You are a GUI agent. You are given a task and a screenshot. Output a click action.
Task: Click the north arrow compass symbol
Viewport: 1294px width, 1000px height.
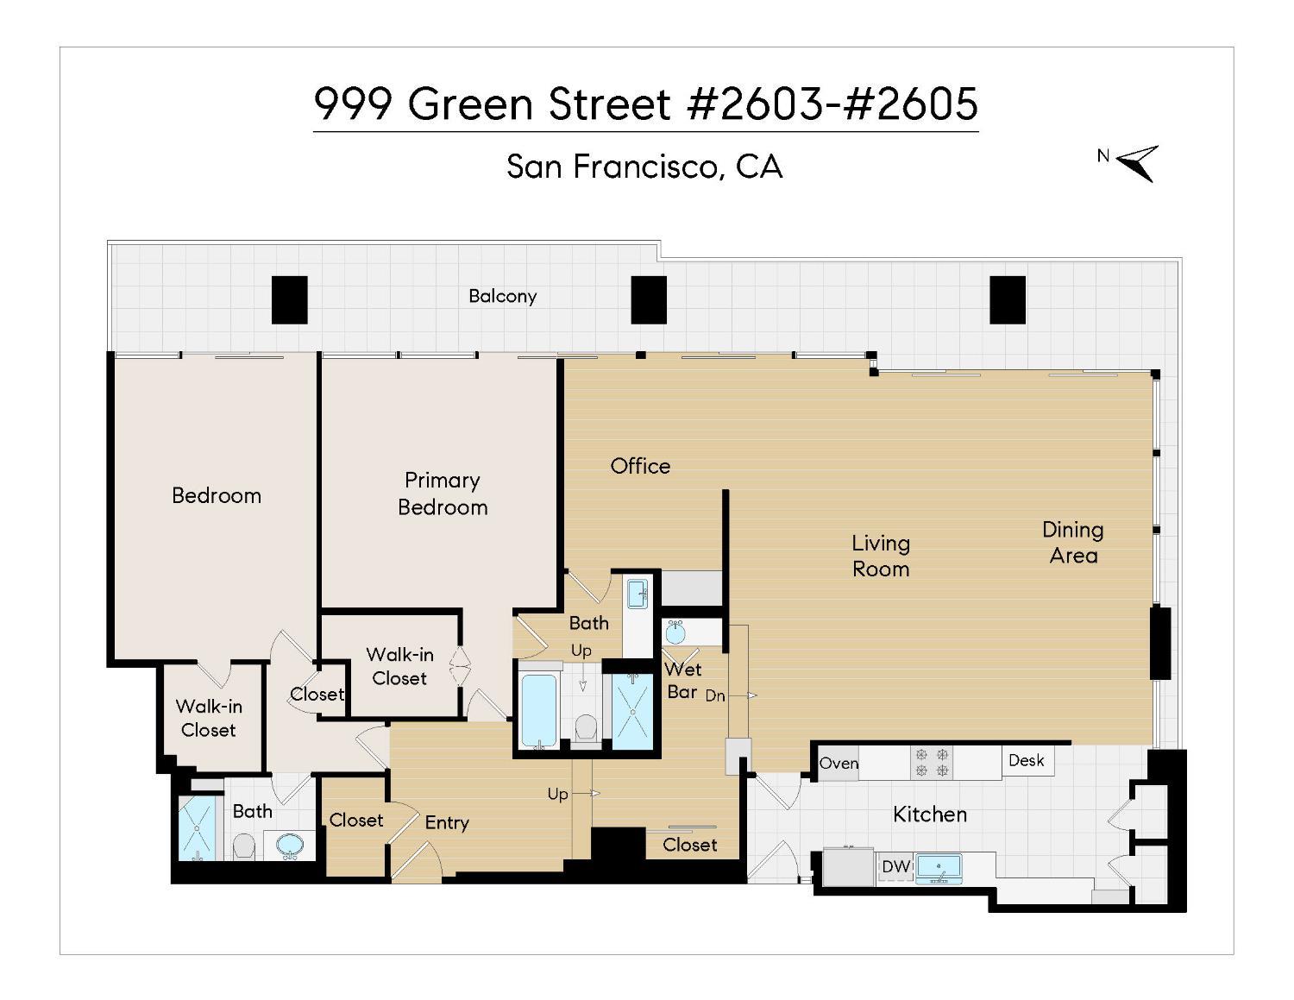coord(1138,162)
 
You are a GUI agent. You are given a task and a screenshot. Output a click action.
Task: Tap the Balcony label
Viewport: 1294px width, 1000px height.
coord(502,296)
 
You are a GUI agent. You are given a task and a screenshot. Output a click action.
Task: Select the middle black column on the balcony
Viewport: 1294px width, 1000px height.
coord(648,299)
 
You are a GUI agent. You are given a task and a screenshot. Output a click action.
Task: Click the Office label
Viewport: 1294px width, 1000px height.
coord(640,466)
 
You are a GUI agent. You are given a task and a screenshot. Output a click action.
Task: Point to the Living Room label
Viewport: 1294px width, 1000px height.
coord(881,556)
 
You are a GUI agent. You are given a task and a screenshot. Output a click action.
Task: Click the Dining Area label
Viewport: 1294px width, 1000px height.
coord(1072,542)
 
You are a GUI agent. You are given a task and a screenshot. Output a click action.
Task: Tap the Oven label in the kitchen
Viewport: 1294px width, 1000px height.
coord(839,764)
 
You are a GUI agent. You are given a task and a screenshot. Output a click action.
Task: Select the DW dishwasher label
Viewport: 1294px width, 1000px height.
coord(895,866)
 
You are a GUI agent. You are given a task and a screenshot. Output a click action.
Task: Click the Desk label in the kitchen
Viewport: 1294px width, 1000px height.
coord(1027,760)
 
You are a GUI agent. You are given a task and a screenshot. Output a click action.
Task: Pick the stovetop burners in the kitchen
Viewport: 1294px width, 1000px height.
coord(933,763)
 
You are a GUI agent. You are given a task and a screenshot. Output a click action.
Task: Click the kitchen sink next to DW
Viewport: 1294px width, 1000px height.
coord(939,866)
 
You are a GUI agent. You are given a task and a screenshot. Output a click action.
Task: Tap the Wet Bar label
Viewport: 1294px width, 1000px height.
coord(682,680)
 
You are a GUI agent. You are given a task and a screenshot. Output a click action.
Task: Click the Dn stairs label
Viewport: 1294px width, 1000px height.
coord(715,695)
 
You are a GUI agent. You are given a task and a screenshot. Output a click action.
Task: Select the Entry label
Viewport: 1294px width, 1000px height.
coord(447,823)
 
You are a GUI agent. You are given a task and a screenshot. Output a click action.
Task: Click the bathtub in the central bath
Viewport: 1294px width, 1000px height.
coord(540,710)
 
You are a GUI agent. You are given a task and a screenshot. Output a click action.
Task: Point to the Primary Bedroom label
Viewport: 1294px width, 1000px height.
coord(443,494)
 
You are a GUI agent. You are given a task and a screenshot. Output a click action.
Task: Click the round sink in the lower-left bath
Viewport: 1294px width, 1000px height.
coord(289,846)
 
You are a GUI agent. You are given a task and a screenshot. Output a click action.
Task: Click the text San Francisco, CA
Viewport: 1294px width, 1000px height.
coord(644,167)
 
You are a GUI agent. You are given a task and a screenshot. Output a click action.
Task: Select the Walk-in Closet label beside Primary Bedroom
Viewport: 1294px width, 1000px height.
coord(399,666)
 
